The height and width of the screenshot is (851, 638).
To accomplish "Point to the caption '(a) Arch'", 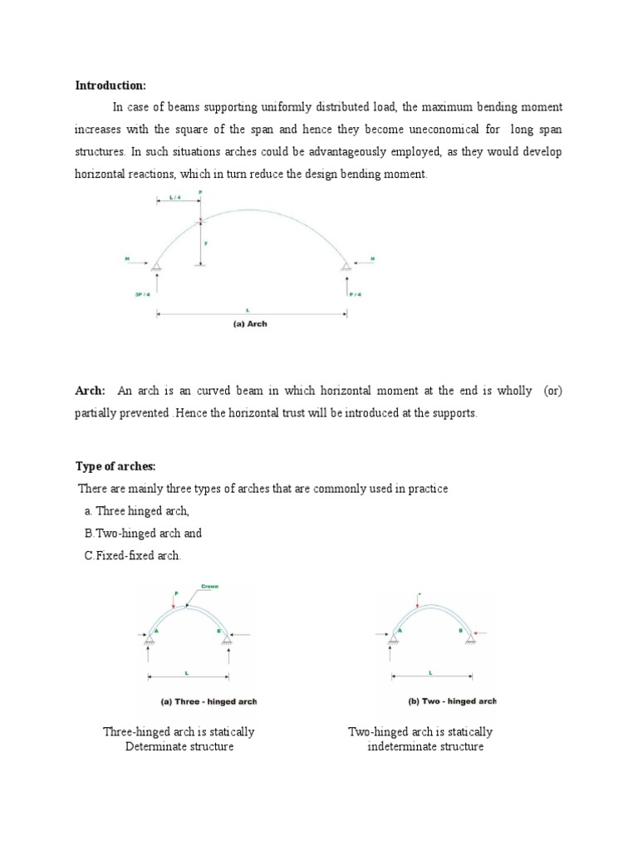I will coord(249,324).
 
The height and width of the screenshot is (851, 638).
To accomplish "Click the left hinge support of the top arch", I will coord(155,265).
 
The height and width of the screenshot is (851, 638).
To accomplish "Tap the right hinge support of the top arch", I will coord(346,265).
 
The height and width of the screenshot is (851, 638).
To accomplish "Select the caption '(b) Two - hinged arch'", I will coord(451,701).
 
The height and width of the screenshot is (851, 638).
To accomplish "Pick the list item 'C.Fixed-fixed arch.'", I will coord(132,555).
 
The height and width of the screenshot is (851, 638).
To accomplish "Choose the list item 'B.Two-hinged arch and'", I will coord(143,533).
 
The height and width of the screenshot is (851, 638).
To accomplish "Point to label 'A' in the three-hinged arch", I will coord(157,630).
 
